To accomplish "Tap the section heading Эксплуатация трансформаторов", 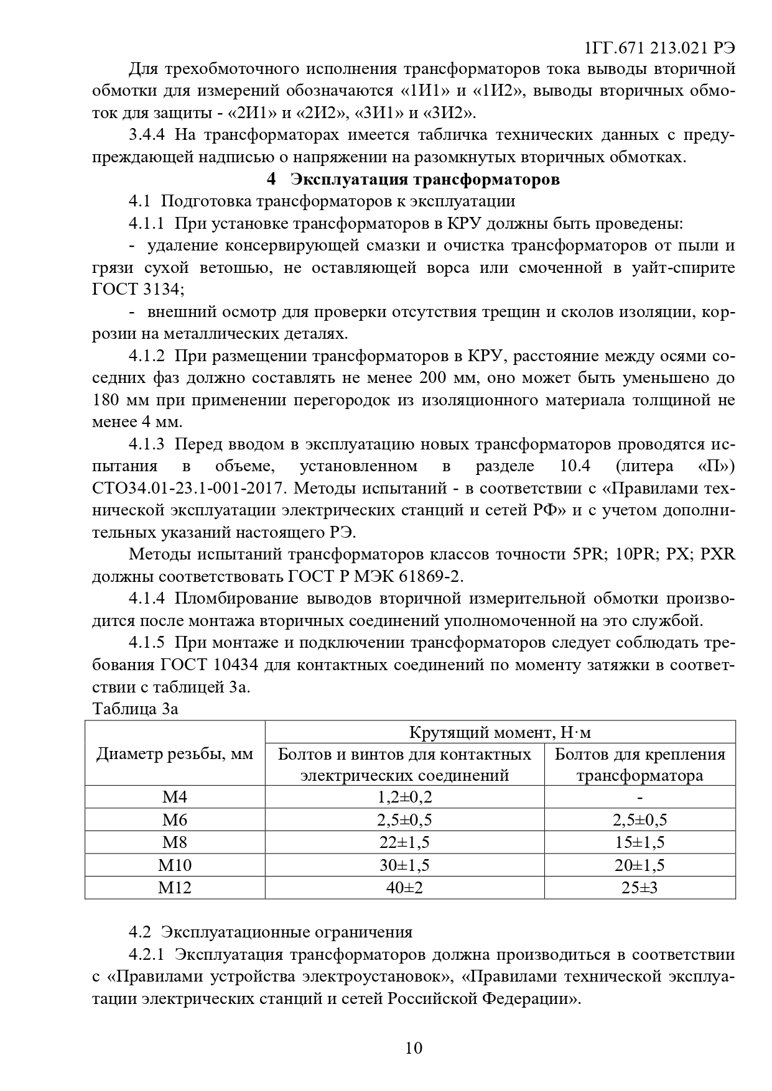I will point(425,180).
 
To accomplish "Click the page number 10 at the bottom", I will point(414,1047).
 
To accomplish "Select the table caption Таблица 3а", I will point(135,709).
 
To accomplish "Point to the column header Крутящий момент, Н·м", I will point(500,732).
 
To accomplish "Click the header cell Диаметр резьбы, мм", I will point(175,754).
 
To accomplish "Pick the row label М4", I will point(175,797).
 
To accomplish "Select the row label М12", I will point(175,887).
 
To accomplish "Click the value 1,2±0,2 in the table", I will point(404,797).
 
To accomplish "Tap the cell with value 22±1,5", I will point(404,842).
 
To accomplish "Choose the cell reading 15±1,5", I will point(639,842).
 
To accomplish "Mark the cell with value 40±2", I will point(404,887).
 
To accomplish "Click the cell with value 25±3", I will point(639,887).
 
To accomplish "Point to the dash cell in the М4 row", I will point(639,797).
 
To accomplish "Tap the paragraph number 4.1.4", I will point(147,599).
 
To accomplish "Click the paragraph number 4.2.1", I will point(147,954).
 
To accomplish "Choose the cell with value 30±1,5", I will point(404,865).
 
